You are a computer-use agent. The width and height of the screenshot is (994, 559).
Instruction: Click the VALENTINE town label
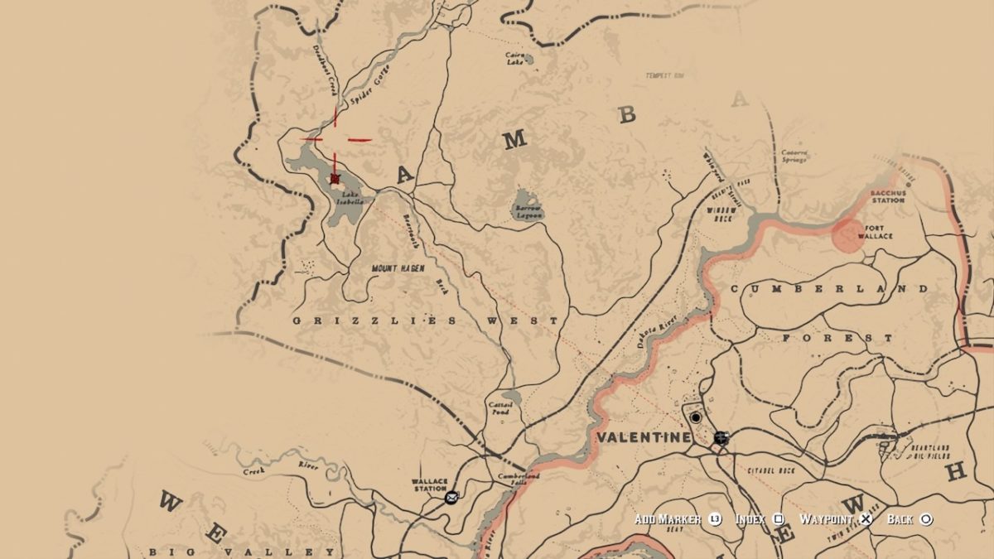tap(642, 436)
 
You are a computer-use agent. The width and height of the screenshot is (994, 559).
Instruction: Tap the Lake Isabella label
tap(349, 198)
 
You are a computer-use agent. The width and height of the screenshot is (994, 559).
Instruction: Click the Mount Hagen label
tap(398, 268)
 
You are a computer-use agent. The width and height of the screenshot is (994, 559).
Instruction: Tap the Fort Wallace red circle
tap(847, 234)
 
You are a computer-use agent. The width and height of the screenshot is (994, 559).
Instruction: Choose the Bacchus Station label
tap(889, 196)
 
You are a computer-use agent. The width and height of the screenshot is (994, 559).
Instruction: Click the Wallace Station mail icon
tap(451, 498)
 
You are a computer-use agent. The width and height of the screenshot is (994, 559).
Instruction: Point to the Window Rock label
tap(721, 214)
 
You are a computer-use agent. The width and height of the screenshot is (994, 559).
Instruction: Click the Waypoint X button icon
tap(866, 519)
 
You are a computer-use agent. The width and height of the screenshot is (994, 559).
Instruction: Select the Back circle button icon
tap(926, 519)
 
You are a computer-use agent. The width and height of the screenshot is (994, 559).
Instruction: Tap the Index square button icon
tap(779, 519)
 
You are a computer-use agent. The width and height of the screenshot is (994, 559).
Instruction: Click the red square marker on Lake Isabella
tap(335, 178)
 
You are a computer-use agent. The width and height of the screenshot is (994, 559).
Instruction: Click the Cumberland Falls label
tap(519, 479)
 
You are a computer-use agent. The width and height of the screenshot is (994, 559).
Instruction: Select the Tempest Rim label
tap(665, 76)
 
